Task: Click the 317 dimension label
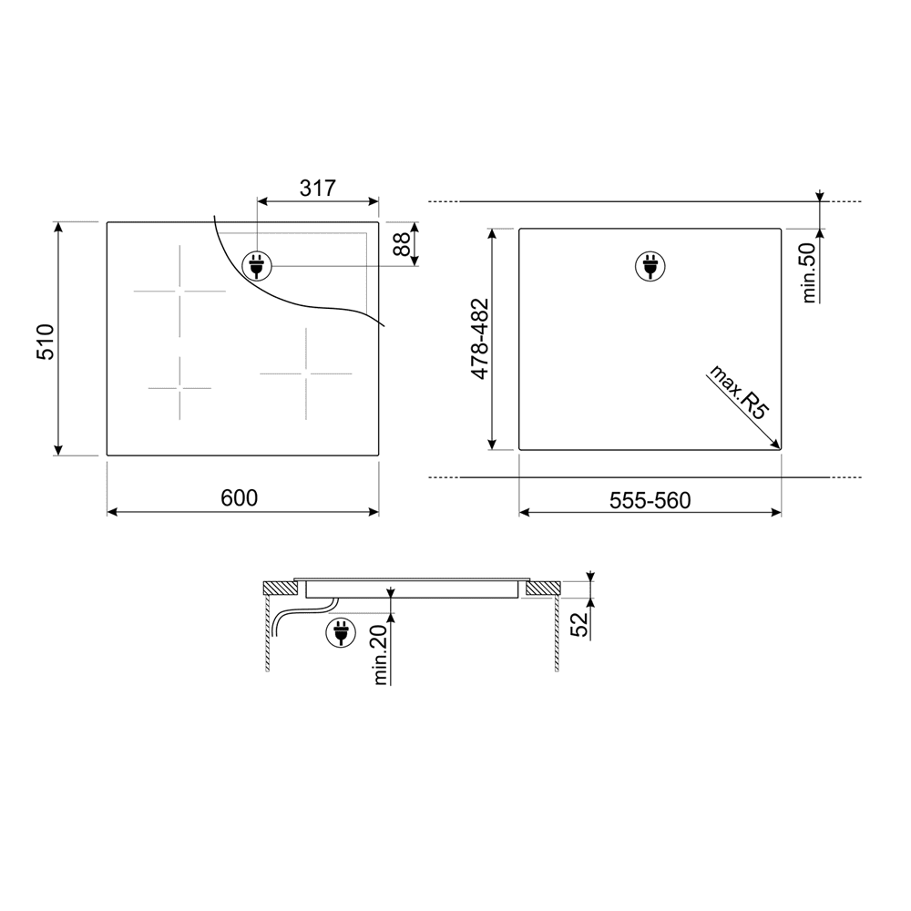tap(318, 188)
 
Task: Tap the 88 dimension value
tap(402, 244)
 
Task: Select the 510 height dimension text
tap(46, 343)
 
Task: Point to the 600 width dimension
tap(240, 498)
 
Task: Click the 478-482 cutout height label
tap(480, 339)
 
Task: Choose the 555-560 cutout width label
tap(650, 500)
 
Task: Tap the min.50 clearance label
tap(809, 272)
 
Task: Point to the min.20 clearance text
tap(381, 655)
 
